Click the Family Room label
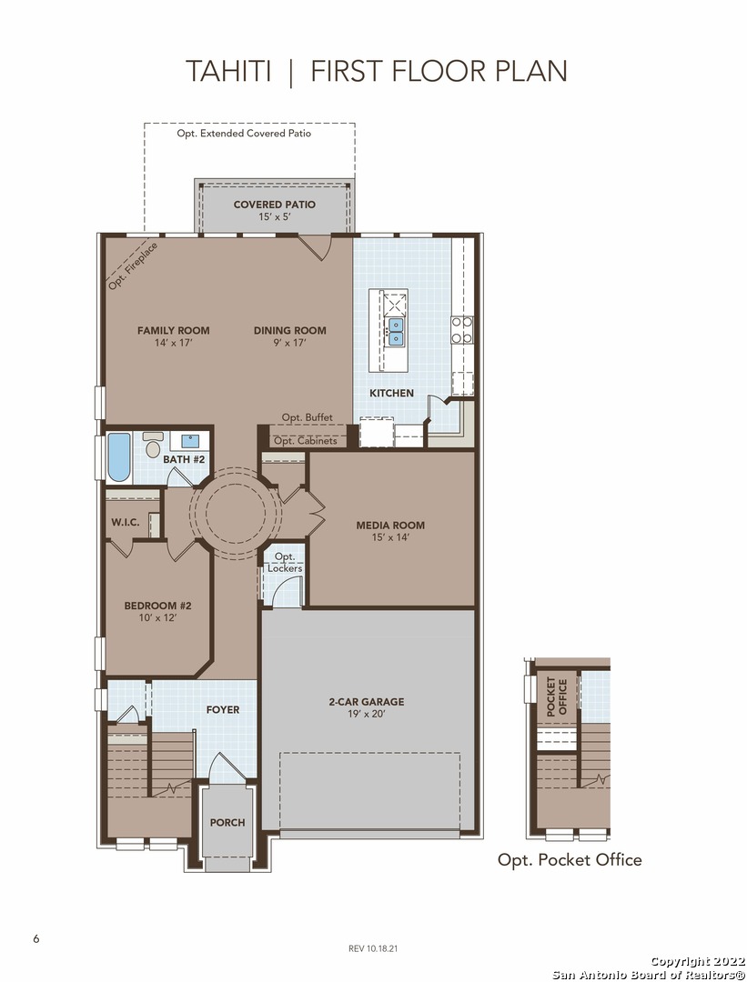[174, 331]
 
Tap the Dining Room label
[290, 331]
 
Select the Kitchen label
[391, 394]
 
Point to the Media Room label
[390, 526]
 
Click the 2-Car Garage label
[367, 702]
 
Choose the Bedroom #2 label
[158, 606]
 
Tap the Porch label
[227, 823]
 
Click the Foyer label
[223, 709]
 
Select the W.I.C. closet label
[126, 522]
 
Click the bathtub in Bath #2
[119, 457]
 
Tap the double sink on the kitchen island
[396, 332]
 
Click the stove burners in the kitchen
[462, 330]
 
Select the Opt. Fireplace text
[133, 266]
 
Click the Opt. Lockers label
[285, 563]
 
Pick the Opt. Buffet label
[307, 417]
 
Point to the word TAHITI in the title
[228, 71]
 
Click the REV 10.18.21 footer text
[373, 948]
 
